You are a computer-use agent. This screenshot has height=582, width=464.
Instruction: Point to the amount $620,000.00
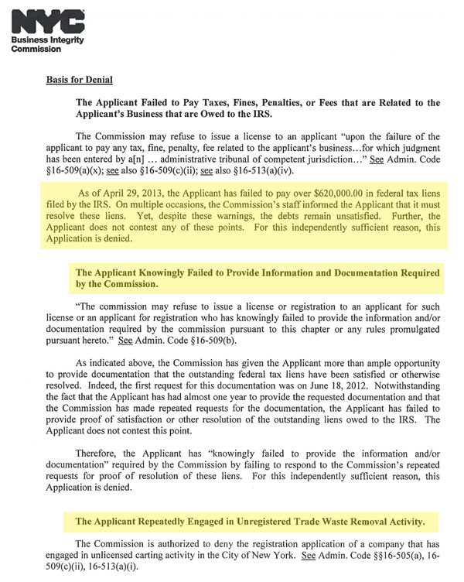point(329,194)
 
